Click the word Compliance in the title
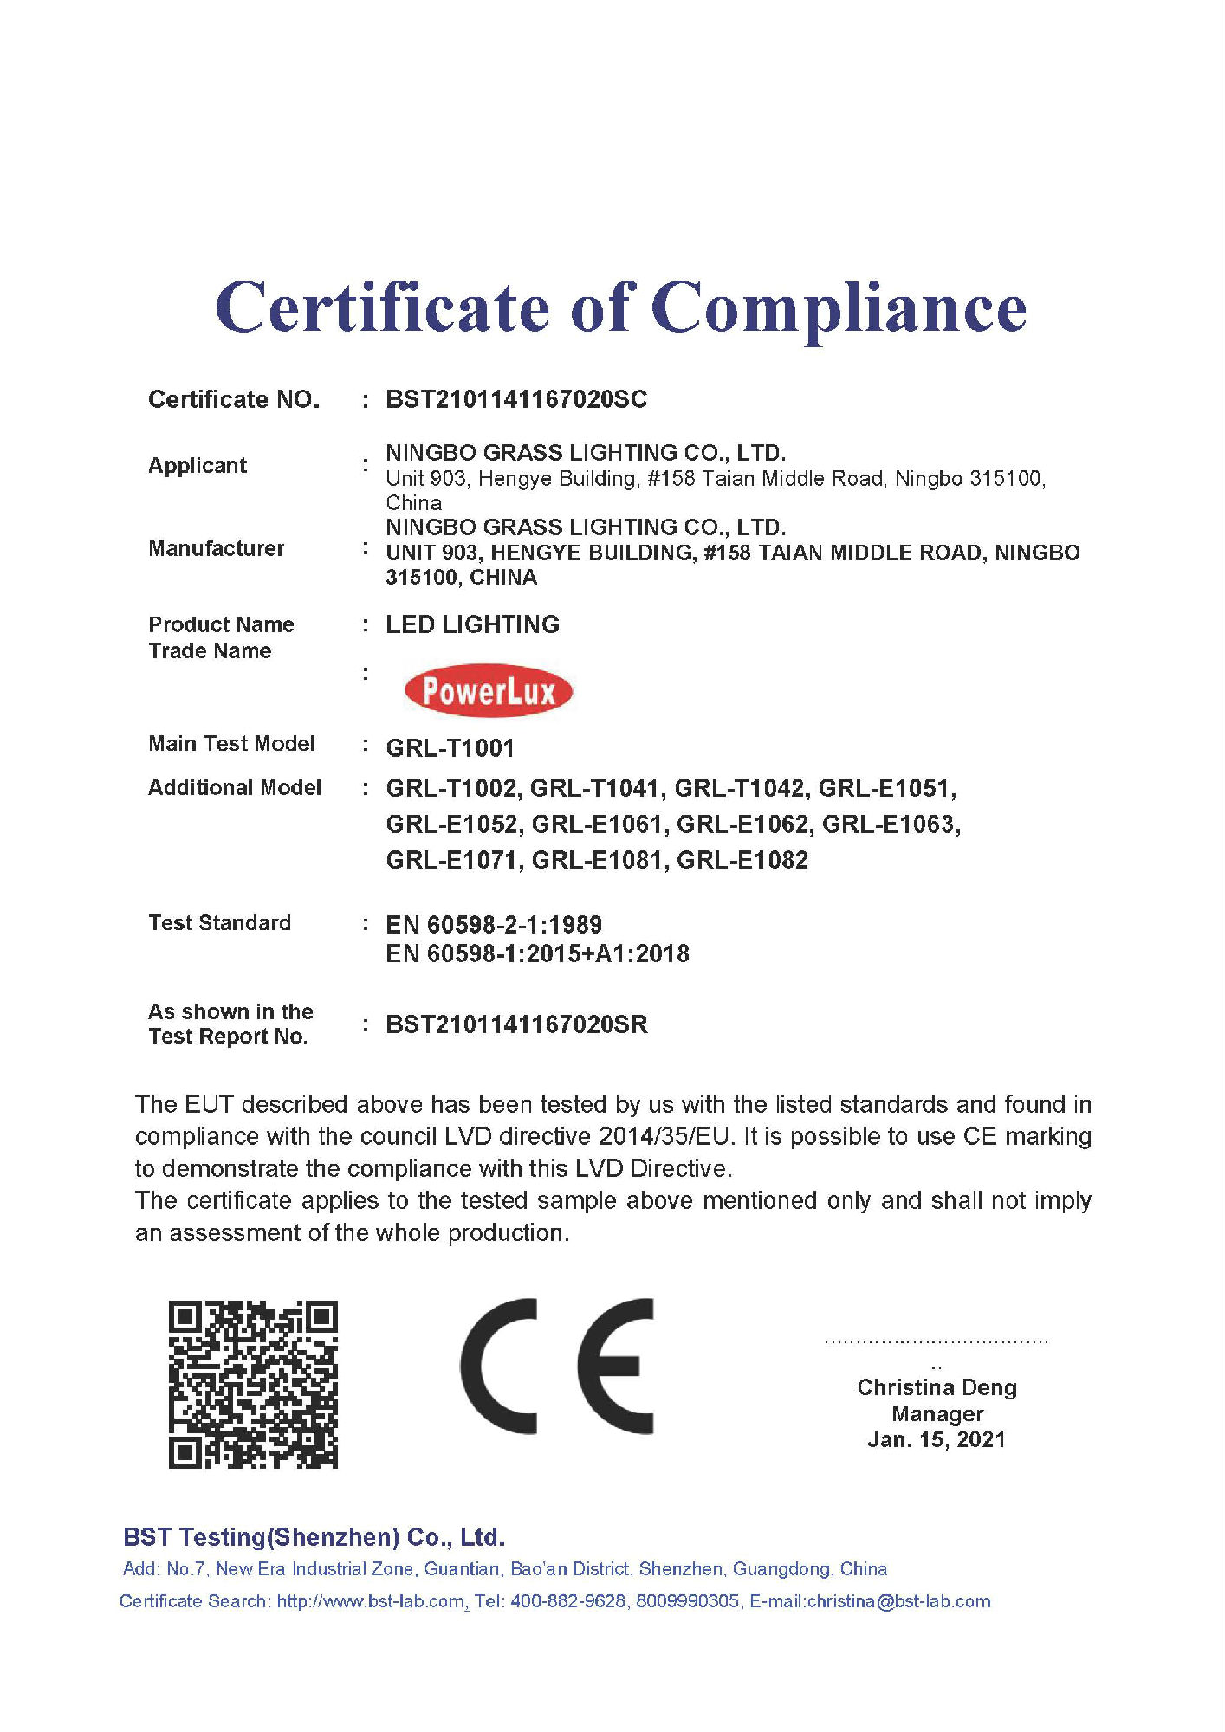point(838,309)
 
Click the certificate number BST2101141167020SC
point(516,399)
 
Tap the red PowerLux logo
point(489,691)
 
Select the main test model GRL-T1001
point(450,747)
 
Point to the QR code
point(253,1384)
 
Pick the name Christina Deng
point(937,1387)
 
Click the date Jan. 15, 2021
point(937,1439)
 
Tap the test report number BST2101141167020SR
point(516,1024)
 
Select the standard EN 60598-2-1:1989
point(494,924)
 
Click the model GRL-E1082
point(742,860)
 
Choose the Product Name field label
point(221,624)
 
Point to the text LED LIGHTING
point(472,624)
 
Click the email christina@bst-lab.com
point(898,1601)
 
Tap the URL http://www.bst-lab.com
point(370,1601)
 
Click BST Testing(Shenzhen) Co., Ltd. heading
point(314,1537)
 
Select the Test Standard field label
point(219,922)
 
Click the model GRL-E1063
point(890,824)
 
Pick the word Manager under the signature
point(937,1413)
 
